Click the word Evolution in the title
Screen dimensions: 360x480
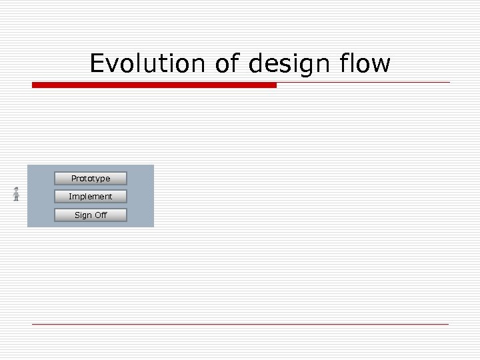[x=148, y=64]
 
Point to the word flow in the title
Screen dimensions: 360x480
[x=365, y=64]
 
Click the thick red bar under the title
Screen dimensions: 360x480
[x=154, y=85]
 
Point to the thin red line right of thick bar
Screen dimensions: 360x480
[x=363, y=83]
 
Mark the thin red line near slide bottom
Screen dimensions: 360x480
[x=240, y=324]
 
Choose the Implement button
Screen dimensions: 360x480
[x=91, y=197]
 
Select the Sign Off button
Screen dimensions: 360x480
[x=91, y=215]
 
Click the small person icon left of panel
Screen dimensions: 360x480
[x=16, y=194]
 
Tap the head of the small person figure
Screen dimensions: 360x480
[x=16, y=189]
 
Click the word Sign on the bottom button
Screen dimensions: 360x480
[x=83, y=215]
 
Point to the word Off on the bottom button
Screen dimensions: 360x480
[x=101, y=215]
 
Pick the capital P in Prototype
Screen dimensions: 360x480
[x=74, y=179]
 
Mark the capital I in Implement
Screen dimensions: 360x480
[x=70, y=197]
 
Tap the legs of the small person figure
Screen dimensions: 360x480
[x=16, y=199]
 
